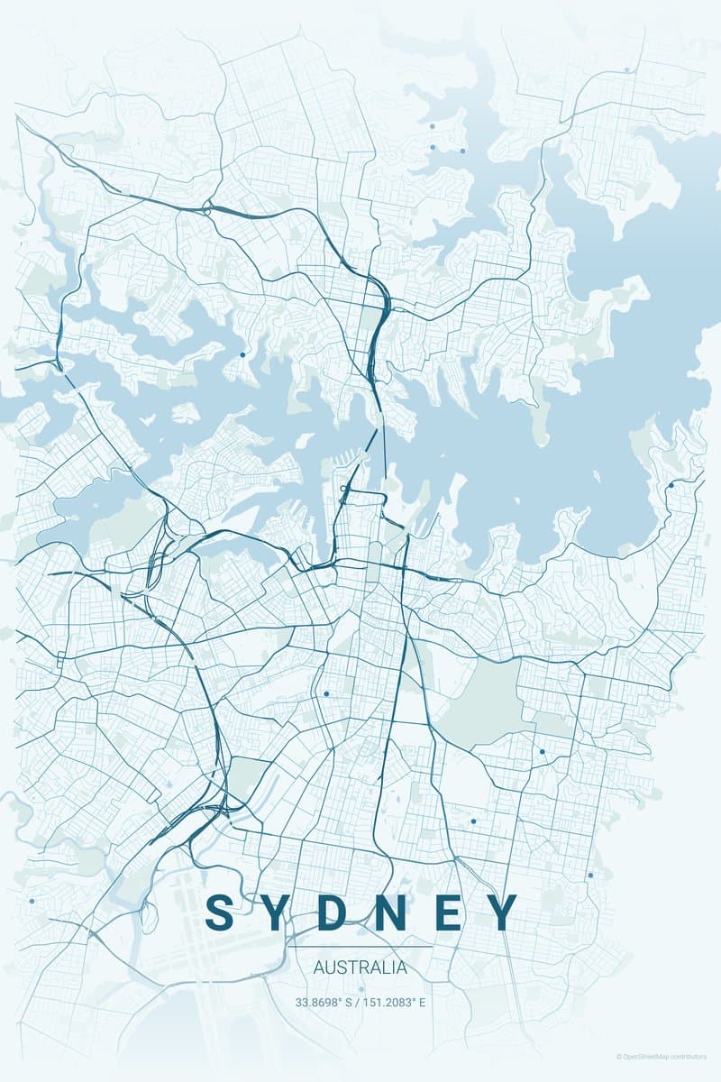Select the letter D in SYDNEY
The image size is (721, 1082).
339,912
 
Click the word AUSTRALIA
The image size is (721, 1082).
360,968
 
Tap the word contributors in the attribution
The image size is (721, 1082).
692,1056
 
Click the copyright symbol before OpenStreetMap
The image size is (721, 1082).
619,1056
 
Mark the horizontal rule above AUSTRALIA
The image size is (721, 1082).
360,947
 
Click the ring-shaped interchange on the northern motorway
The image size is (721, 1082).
208,209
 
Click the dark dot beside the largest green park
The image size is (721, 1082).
543,751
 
